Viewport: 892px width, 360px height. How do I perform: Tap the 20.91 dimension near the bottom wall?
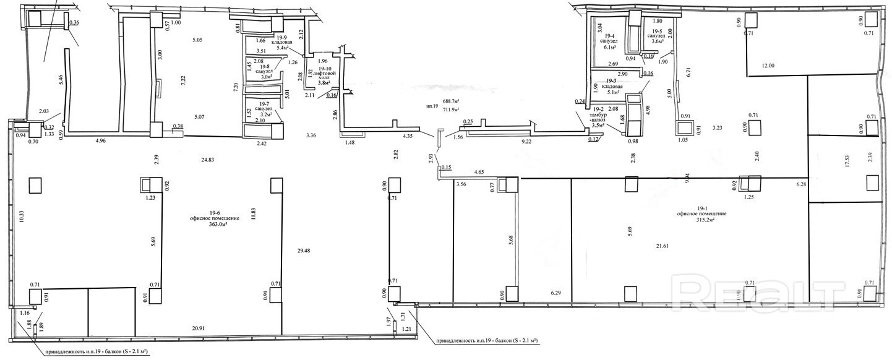(x=200, y=328)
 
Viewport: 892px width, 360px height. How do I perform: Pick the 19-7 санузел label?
(x=265, y=109)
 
